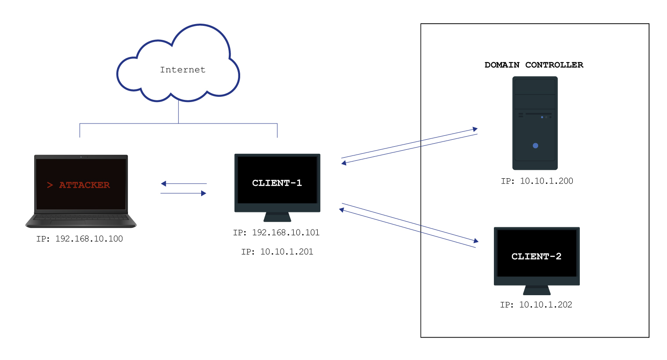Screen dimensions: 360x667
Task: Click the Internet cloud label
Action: pyautogui.click(x=182, y=70)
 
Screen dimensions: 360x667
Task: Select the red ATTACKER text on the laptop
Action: pyautogui.click(x=84, y=185)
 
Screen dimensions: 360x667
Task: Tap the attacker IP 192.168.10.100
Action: pyautogui.click(x=80, y=239)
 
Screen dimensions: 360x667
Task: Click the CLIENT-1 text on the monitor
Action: pyautogui.click(x=277, y=183)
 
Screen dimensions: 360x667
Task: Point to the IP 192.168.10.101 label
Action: pyautogui.click(x=277, y=233)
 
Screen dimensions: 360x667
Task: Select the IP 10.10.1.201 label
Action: pyautogui.click(x=277, y=252)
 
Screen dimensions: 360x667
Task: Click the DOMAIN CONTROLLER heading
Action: pyautogui.click(x=534, y=65)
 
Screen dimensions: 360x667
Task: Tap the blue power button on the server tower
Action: pyautogui.click(x=535, y=145)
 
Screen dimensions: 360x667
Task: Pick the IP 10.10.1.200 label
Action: pyautogui.click(x=537, y=181)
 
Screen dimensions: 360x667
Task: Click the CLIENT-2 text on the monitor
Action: pyautogui.click(x=536, y=256)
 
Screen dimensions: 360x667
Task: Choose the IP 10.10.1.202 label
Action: pyautogui.click(x=536, y=305)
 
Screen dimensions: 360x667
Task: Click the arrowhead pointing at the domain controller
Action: pyautogui.click(x=475, y=129)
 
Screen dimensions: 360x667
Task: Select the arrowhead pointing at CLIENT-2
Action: pyautogui.click(x=476, y=241)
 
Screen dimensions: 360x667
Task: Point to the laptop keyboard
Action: pyautogui.click(x=81, y=218)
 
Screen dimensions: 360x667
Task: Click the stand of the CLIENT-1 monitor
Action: pyautogui.click(x=277, y=217)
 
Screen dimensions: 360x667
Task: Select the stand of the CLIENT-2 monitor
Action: pyautogui.click(x=537, y=290)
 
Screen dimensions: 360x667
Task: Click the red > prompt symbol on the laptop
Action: pyautogui.click(x=50, y=185)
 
